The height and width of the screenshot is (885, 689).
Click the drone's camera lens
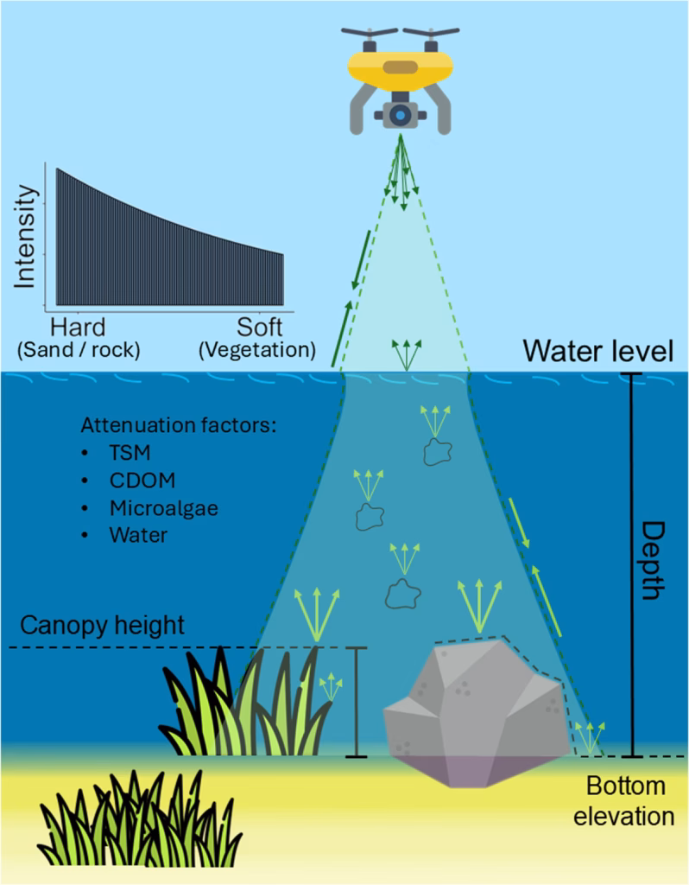399,115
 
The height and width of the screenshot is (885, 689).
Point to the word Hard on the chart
79,328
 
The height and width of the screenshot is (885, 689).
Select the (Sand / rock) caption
78,350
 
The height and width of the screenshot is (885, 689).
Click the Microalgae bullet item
162,508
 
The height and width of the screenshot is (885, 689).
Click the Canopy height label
103,625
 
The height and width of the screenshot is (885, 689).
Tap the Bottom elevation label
626,800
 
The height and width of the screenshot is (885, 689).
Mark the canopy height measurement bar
356,702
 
